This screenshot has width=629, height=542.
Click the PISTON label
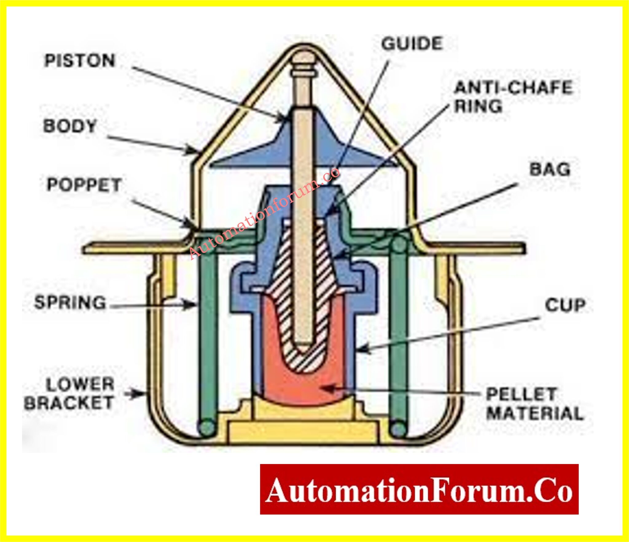tap(80, 61)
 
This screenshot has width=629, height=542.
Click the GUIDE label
tap(412, 44)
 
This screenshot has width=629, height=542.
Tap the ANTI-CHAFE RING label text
tap(513, 97)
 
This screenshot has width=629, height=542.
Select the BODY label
tap(70, 126)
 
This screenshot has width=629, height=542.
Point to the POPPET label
tap(84, 185)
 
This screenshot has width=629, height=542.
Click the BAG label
tap(550, 170)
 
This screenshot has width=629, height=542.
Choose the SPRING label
tap(70, 302)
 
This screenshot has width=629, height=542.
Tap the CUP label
tap(565, 305)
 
